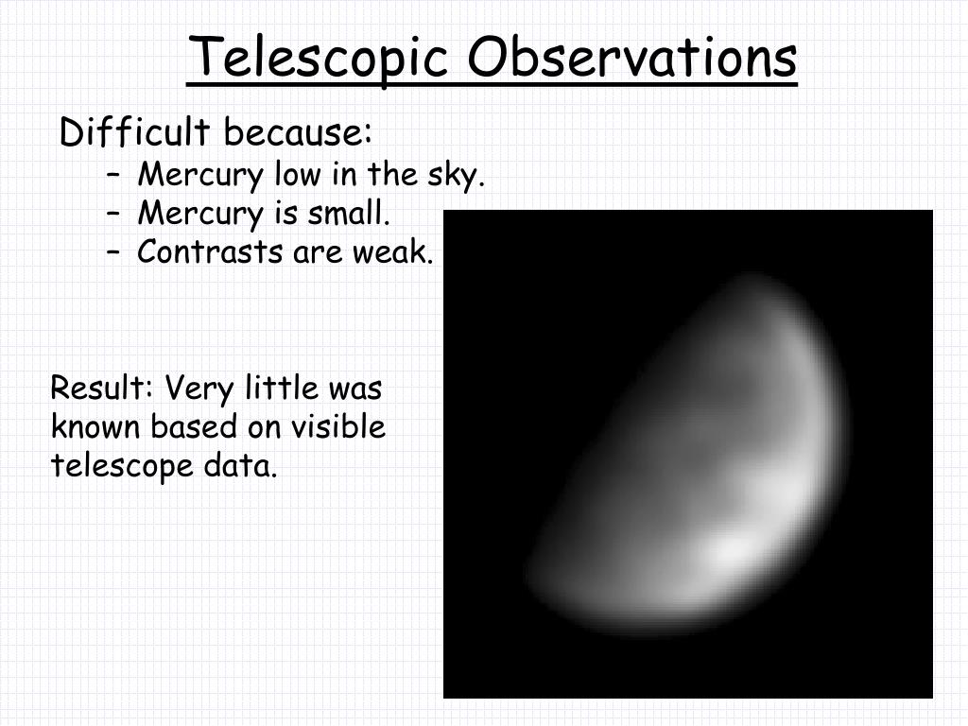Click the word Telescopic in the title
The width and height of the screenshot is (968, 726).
(x=318, y=59)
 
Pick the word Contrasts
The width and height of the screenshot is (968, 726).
(x=210, y=251)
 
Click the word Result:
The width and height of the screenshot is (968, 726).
(x=101, y=388)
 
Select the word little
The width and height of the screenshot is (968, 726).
(x=282, y=388)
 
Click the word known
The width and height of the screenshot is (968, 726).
(x=95, y=426)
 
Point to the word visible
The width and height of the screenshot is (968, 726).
(x=338, y=426)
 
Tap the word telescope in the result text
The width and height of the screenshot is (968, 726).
(x=122, y=466)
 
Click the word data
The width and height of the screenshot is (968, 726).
(x=241, y=465)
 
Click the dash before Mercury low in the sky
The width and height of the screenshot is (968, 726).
(x=112, y=174)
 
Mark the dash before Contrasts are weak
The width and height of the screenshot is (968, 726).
(x=112, y=251)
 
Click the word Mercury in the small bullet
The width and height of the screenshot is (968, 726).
(x=200, y=214)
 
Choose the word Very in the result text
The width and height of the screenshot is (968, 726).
(x=199, y=389)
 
